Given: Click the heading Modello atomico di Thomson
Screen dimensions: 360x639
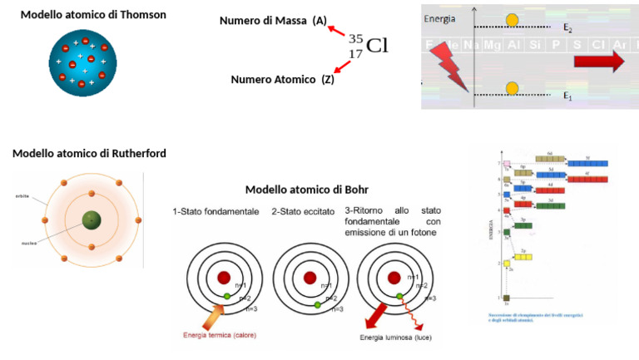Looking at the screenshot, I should click(x=93, y=15).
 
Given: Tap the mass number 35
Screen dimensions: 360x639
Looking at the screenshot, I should click(x=355, y=39).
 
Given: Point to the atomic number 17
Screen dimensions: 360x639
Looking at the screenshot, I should click(x=355, y=54).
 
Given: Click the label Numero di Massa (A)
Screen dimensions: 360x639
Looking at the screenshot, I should click(x=273, y=21).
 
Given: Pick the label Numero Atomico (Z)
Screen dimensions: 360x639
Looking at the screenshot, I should click(x=282, y=80).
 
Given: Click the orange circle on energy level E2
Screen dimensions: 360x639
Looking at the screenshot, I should click(x=513, y=19).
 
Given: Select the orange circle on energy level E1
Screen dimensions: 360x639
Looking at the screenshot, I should click(x=513, y=88).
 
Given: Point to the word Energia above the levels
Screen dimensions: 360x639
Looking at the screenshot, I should click(x=439, y=18).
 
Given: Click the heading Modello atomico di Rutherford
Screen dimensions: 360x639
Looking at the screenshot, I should click(x=89, y=153).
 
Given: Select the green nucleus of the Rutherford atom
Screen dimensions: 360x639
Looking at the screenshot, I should click(x=88, y=220).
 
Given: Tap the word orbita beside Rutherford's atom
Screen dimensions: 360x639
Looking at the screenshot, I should click(x=22, y=196).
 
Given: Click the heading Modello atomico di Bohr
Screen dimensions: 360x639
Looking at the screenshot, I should click(x=307, y=190).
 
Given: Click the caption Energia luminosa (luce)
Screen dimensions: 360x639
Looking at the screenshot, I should click(x=395, y=338).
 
